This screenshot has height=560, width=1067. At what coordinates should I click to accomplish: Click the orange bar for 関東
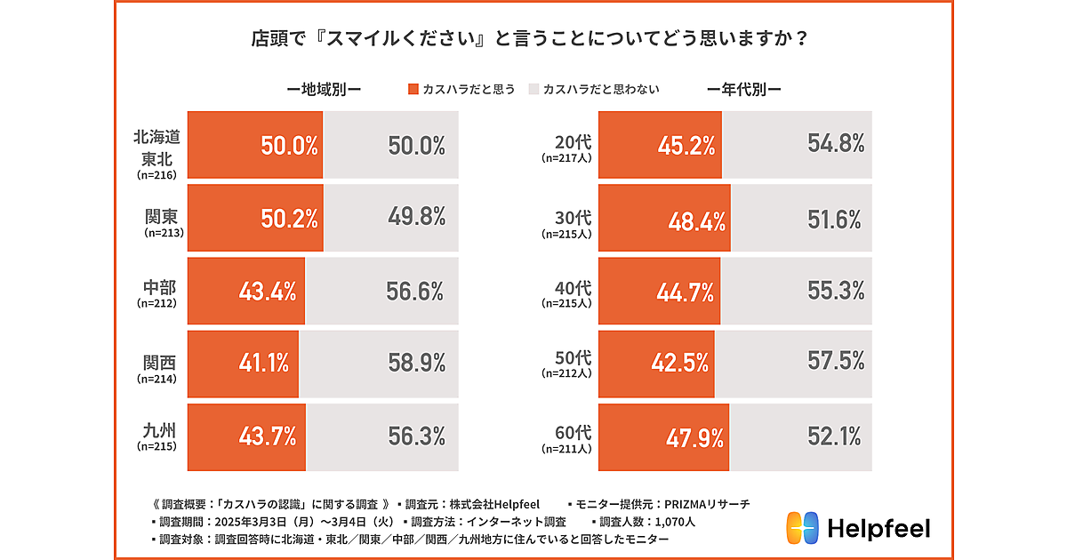point(253,220)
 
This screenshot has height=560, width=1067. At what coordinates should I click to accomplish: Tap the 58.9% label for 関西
point(415,363)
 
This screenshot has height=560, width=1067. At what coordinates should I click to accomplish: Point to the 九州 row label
point(156,436)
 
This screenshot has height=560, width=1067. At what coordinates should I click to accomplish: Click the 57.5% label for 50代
point(837,363)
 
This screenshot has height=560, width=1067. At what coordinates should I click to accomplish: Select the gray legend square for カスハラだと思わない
point(533,89)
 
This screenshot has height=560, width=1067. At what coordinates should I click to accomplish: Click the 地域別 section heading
point(323,89)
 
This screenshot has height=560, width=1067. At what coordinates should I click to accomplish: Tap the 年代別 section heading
point(743,89)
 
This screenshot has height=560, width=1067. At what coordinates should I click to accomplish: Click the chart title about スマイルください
point(533,40)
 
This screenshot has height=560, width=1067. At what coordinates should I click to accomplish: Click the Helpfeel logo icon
point(801,529)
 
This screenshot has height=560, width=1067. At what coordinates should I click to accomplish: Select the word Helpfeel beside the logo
point(879,529)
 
